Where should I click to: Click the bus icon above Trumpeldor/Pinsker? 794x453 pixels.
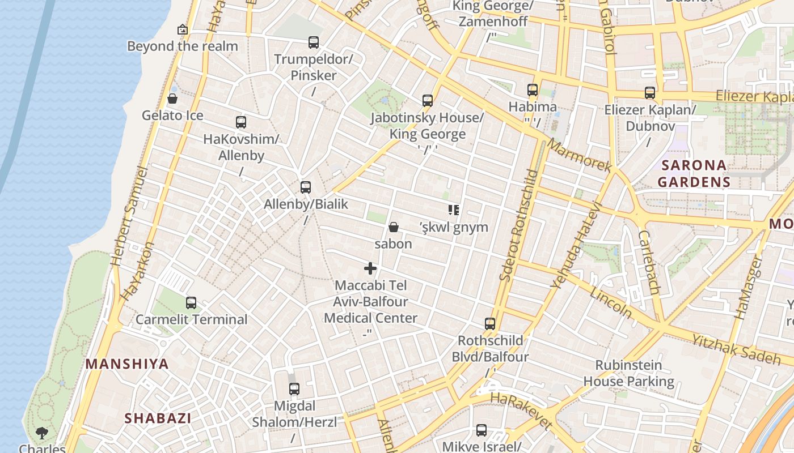pyautogui.click(x=313, y=42)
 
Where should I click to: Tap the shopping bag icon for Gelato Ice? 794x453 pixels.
pyautogui.click(x=172, y=99)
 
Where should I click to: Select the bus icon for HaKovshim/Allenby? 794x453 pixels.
pyautogui.click(x=241, y=122)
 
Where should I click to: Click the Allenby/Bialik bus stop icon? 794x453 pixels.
pyautogui.click(x=306, y=187)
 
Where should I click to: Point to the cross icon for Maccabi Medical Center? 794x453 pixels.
pyautogui.click(x=370, y=268)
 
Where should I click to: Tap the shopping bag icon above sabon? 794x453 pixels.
pyautogui.click(x=393, y=228)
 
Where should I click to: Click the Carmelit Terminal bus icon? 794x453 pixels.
pyautogui.click(x=191, y=303)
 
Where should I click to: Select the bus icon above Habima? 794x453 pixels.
pyautogui.click(x=532, y=90)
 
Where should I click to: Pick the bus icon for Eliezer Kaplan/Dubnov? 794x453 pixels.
pyautogui.click(x=650, y=93)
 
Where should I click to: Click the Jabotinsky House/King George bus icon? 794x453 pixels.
pyautogui.click(x=428, y=101)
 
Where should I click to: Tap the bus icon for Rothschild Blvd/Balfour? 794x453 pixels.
pyautogui.click(x=490, y=324)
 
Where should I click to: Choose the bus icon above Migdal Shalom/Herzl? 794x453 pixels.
pyautogui.click(x=294, y=389)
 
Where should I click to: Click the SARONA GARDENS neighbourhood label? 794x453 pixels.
pyautogui.click(x=694, y=173)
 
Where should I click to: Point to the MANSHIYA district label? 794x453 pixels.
pyautogui.click(x=127, y=364)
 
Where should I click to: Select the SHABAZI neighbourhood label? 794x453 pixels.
pyautogui.click(x=158, y=418)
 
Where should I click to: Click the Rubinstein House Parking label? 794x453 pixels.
pyautogui.click(x=628, y=373)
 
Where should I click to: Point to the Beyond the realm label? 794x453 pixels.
pyautogui.click(x=182, y=46)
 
